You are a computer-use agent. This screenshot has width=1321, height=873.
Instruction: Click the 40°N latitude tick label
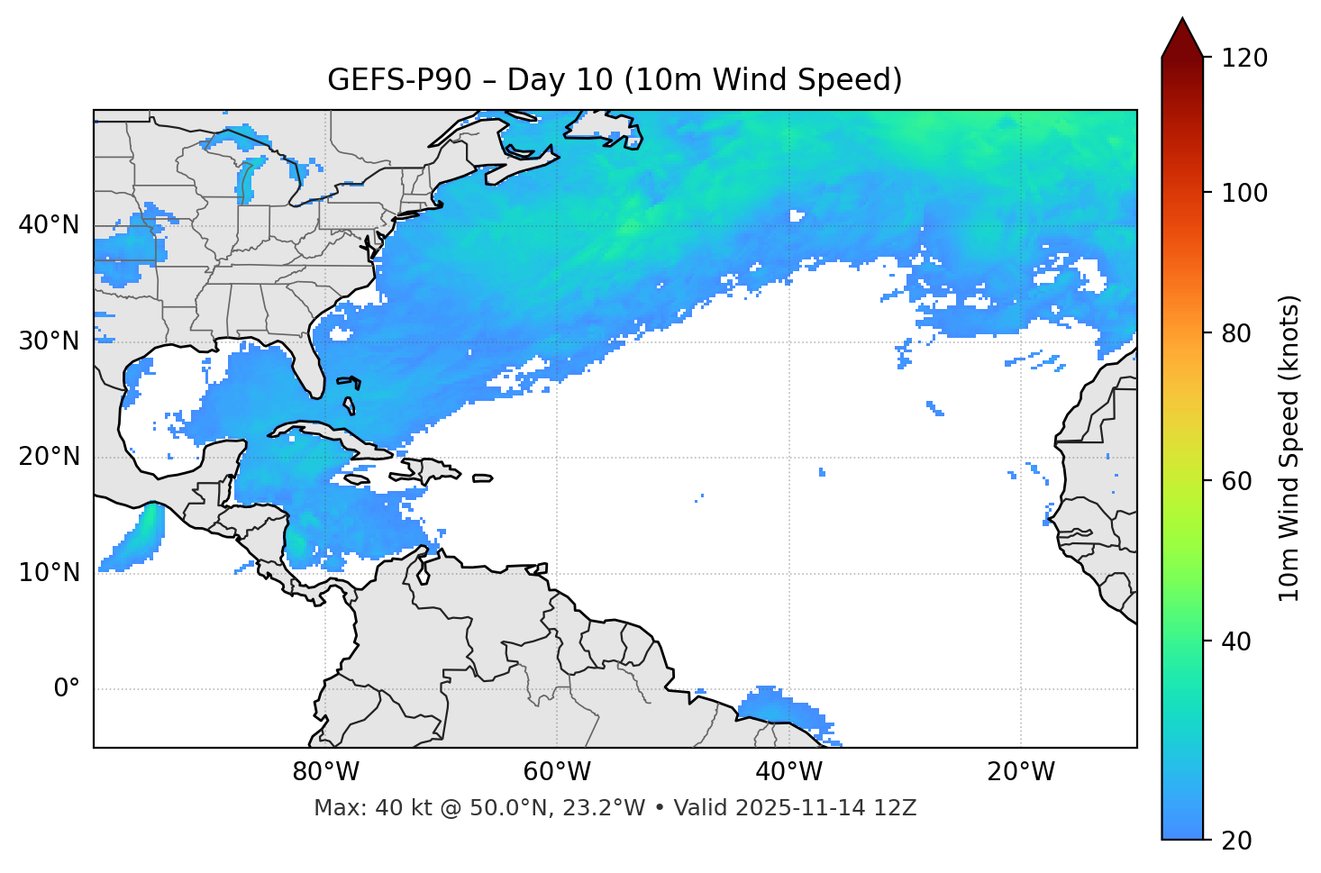(x=49, y=225)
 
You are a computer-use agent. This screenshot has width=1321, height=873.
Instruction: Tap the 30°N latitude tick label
(x=49, y=341)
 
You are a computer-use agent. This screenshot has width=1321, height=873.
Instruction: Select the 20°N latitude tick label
(x=49, y=457)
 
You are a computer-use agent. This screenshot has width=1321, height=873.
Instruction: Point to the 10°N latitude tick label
(x=49, y=573)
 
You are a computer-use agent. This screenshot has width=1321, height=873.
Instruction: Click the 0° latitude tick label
(x=67, y=689)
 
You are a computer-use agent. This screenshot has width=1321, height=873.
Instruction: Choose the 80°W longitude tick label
(x=325, y=772)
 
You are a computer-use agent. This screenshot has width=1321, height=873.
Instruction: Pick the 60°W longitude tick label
(x=557, y=772)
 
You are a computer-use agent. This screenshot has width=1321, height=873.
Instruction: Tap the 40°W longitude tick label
(x=788, y=772)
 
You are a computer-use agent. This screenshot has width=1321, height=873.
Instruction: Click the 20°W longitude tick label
(x=1020, y=772)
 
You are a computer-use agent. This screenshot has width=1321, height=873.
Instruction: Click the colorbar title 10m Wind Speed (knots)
(x=1289, y=448)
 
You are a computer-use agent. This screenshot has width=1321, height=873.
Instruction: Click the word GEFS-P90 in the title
(x=399, y=80)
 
